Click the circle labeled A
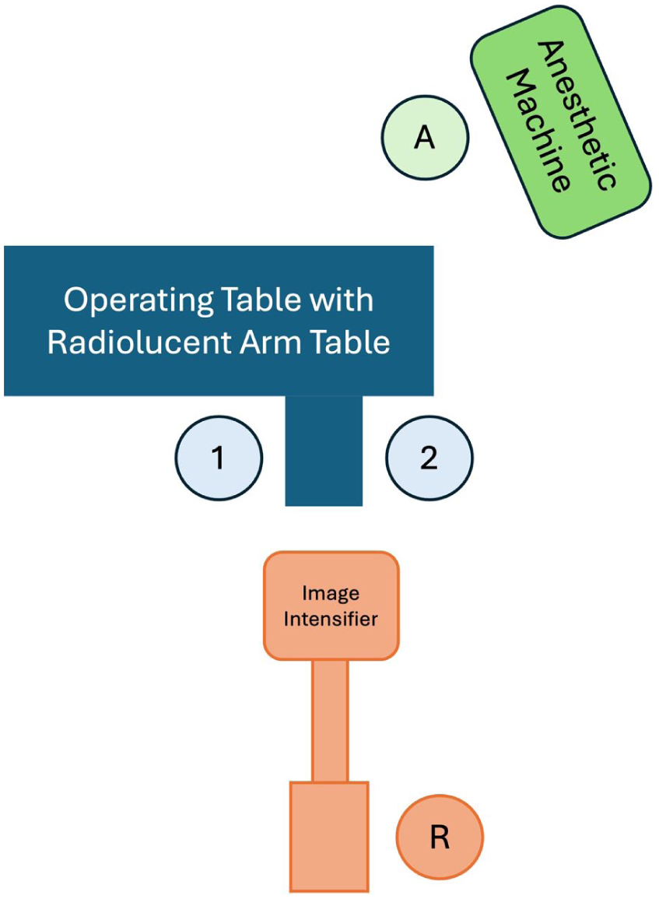425,138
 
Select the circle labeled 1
219,458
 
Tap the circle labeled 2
429,458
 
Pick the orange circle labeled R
440,838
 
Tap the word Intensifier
331,620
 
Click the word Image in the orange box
331,594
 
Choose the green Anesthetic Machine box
560,121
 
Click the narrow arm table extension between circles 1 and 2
324,451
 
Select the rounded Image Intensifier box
331,606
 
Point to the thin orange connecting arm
330,721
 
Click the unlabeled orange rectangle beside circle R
329,837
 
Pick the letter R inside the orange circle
440,838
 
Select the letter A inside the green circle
425,138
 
